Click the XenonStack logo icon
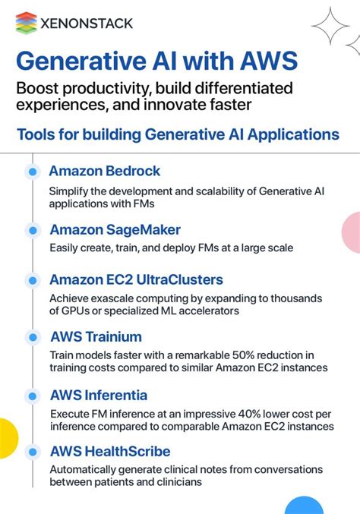point(27,23)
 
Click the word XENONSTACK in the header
point(87,24)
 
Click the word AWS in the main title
point(259,61)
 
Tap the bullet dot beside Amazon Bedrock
point(32,172)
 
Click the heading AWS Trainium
point(96,336)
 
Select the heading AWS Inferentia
point(99,396)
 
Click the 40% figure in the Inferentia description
point(231,414)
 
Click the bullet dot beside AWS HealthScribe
point(32,452)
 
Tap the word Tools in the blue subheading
point(36,135)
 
